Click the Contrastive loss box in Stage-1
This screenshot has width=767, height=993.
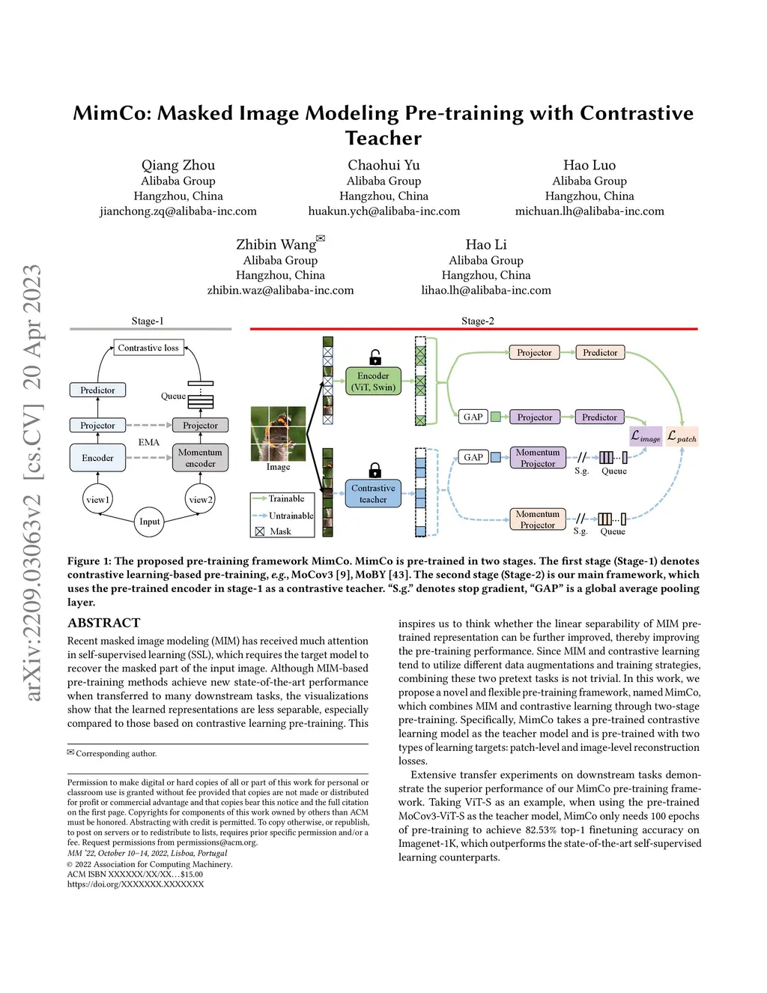pos(148,348)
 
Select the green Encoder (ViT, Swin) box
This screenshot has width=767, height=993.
pos(373,381)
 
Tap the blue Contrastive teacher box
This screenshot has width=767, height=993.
pos(373,493)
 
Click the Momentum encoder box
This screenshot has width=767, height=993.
pos(200,458)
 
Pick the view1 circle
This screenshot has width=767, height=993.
pos(98,500)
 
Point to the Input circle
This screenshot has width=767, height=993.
pos(150,522)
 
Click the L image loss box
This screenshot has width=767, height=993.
pos(646,437)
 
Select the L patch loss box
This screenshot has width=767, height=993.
pos(682,437)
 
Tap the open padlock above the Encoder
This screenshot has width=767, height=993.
pos(375,357)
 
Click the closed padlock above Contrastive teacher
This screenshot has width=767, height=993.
pos(375,470)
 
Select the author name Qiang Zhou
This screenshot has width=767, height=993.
pos(178,165)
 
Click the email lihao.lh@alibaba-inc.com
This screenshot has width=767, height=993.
pos(486,290)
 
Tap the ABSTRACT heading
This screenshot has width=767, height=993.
pos(104,623)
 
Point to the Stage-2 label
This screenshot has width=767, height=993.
pos(477,321)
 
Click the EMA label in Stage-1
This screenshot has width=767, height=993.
pos(149,442)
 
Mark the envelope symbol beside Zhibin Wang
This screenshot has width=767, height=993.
pos(321,238)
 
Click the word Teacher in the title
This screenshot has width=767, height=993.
pos(383,138)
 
